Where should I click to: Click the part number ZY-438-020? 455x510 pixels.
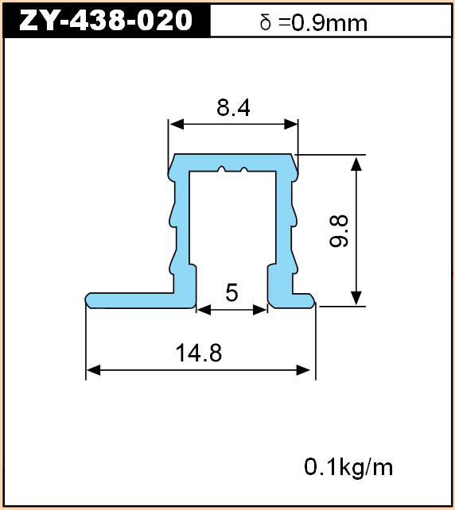click(x=106, y=20)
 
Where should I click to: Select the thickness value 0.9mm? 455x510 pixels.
click(x=329, y=23)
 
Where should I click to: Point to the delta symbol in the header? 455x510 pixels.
click(x=266, y=23)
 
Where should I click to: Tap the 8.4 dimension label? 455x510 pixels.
click(x=233, y=108)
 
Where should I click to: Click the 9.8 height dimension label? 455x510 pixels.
click(x=339, y=231)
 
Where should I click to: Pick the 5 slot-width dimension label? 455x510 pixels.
click(x=231, y=292)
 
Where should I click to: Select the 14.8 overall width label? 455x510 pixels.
click(x=199, y=353)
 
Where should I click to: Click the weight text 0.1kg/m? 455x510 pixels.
click(x=348, y=467)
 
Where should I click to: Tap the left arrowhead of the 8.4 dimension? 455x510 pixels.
click(x=177, y=124)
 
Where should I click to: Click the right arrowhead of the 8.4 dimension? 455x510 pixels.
click(x=291, y=124)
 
